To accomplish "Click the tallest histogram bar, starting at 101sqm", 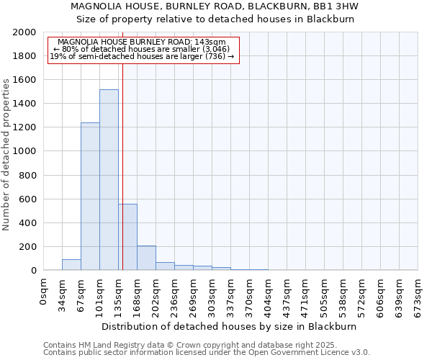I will (109, 180).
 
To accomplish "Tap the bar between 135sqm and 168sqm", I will (128, 237).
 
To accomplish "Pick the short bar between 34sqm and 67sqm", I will (71, 265).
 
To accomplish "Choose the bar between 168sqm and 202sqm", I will (146, 258).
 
